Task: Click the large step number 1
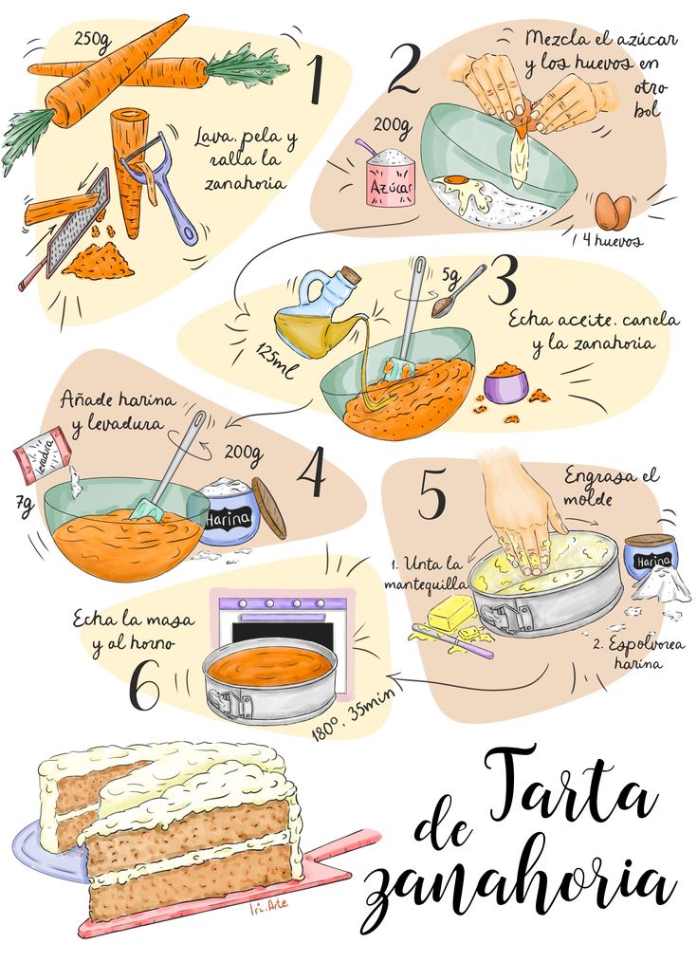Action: (x=315, y=80)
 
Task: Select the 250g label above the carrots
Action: (x=93, y=41)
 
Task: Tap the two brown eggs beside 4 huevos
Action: (x=613, y=212)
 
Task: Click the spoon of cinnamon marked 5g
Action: (x=459, y=292)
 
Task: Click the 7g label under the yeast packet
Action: (x=25, y=508)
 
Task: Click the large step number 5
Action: (x=431, y=498)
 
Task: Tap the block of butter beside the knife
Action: (x=451, y=613)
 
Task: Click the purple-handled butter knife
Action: (x=453, y=640)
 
